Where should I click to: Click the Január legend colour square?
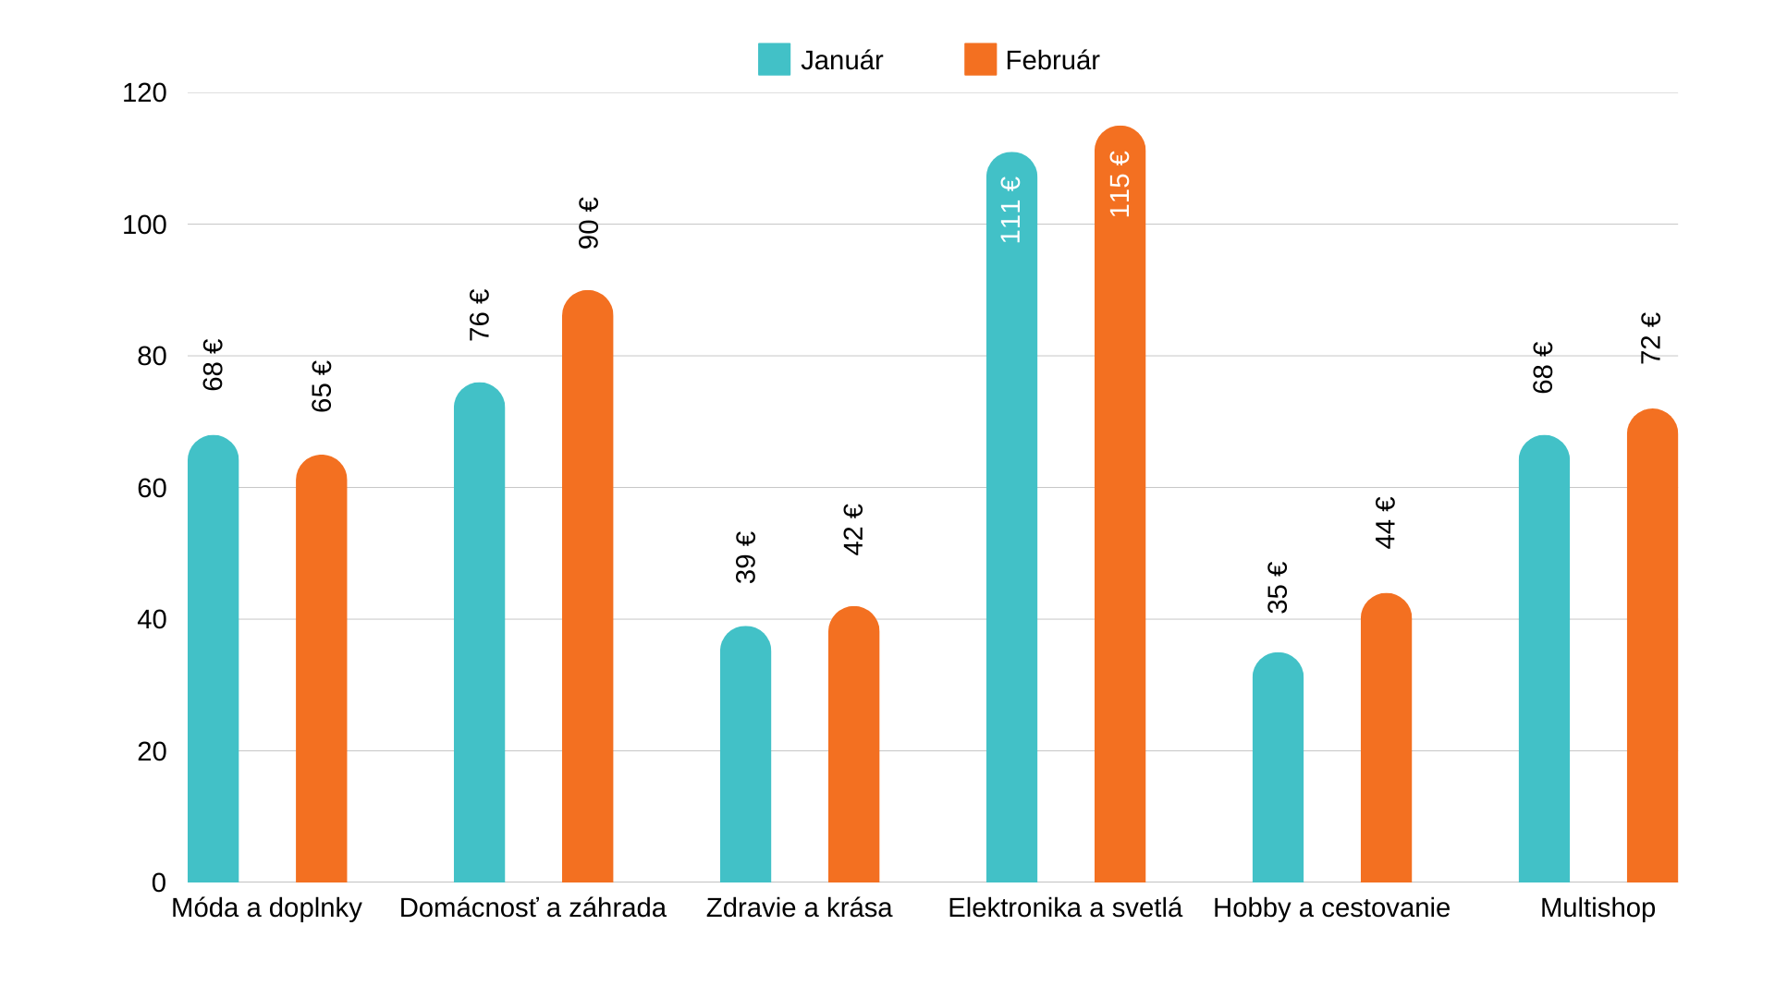pos(774,59)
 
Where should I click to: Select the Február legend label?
pos(1052,60)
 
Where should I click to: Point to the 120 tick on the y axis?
pos(144,92)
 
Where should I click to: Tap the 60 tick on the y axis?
pos(152,488)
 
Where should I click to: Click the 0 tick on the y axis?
pos(159,882)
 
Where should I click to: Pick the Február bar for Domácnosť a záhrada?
pos(587,587)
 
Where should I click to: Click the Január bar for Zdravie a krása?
pos(745,755)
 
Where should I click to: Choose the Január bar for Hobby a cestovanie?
pos(1278,768)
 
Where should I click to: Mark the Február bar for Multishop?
pos(1652,646)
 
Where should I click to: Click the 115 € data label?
pos(1120,185)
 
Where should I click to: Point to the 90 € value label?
pos(588,223)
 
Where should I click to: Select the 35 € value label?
pos(1278,587)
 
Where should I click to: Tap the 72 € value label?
pos(1651,337)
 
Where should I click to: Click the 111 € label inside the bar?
pos(1011,210)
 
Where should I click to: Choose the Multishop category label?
pos(1597,908)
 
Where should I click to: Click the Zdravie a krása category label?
pos(799,908)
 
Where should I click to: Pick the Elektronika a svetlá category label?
pos(1065,908)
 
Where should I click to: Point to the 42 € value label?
pos(853,529)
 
